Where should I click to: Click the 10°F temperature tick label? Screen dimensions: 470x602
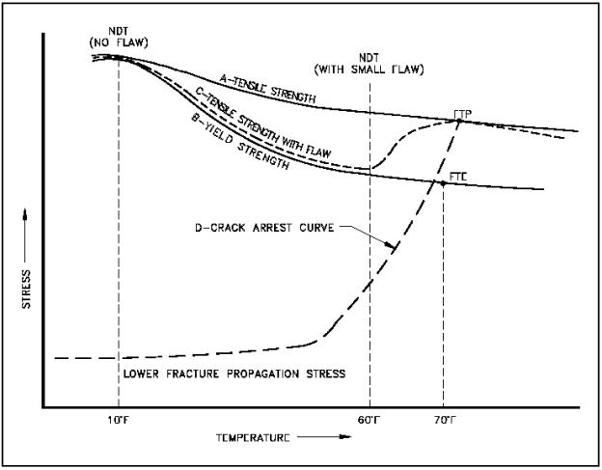pos(119,420)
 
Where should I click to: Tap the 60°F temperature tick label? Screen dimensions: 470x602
pos(369,420)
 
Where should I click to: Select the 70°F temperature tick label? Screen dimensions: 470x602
pos(443,420)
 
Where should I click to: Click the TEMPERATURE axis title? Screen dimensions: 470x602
pos(253,437)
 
